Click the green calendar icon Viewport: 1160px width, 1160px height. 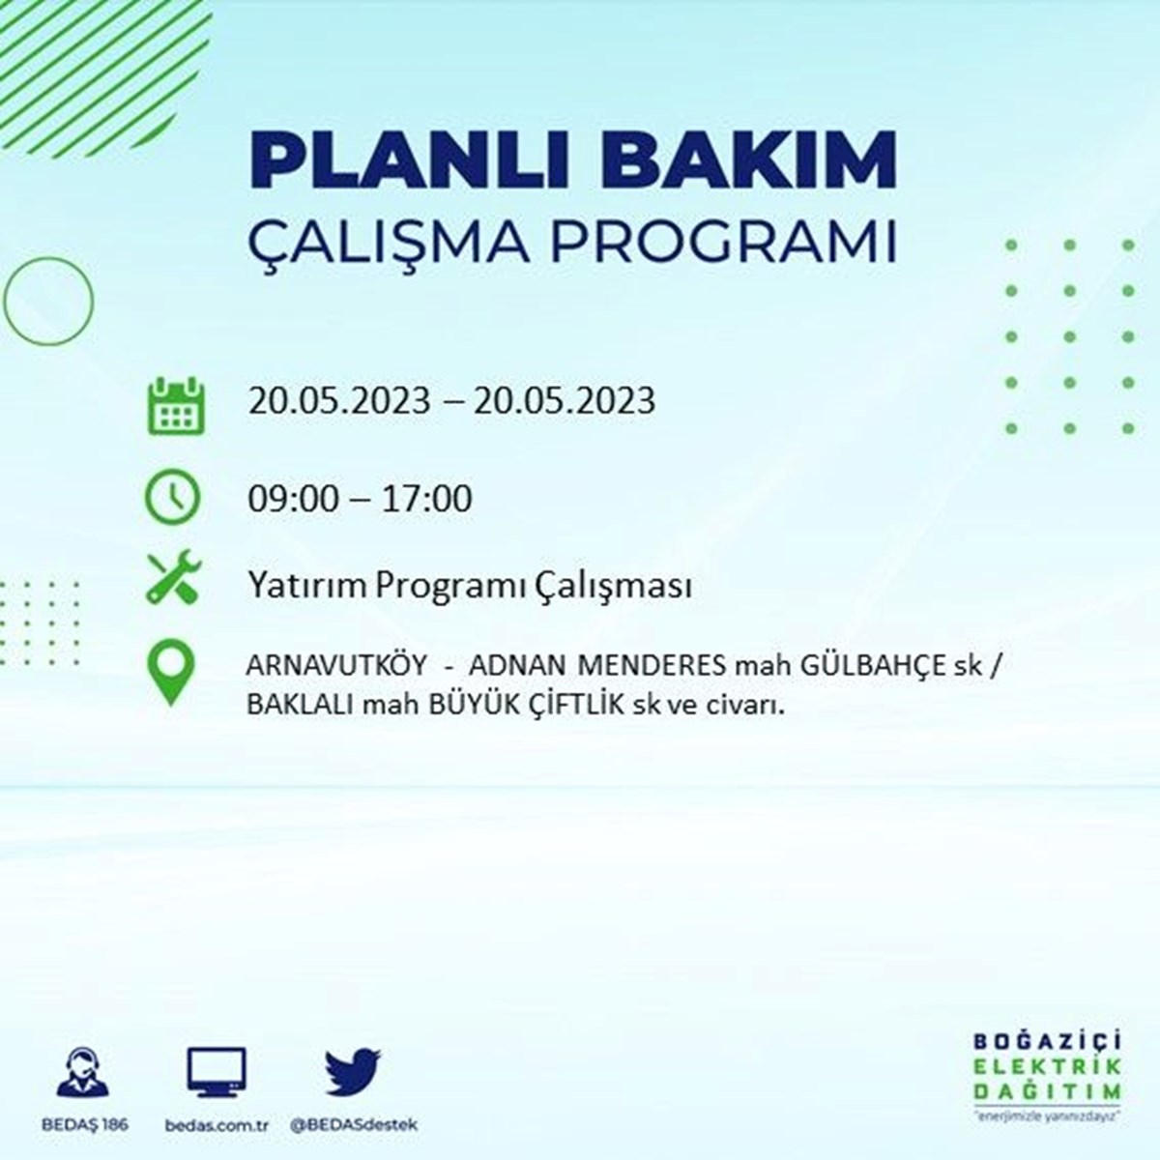coord(176,405)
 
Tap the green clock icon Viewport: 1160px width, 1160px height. coord(172,497)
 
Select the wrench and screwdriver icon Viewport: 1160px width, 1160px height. coord(174,576)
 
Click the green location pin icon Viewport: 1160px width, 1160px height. coord(171,672)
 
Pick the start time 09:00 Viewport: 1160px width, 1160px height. coord(294,499)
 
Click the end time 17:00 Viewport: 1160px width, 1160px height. coord(427,499)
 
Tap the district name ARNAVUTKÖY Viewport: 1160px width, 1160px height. coord(337,665)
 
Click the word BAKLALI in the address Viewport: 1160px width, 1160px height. coord(301,705)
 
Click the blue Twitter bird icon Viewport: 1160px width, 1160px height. coord(353,1071)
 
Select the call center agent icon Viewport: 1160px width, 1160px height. coord(83,1071)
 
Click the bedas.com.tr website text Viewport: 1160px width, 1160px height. coord(217,1125)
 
